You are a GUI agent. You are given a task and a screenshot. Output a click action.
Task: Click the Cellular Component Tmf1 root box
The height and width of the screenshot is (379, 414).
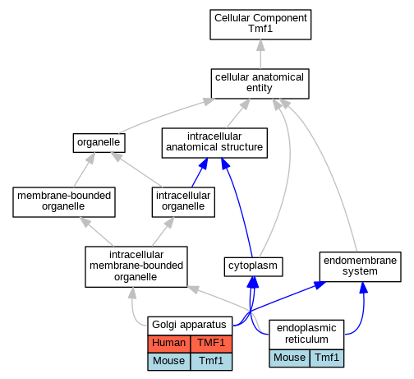[x=260, y=25]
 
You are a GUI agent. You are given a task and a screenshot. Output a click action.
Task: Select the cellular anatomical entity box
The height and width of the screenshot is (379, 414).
[x=260, y=84]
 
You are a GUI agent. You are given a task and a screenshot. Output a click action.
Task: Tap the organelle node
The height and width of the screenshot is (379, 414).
[x=99, y=143]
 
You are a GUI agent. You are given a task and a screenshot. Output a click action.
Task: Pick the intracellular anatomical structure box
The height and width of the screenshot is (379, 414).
[x=214, y=143]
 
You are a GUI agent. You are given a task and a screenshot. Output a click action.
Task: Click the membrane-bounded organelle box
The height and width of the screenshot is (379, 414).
[x=64, y=202]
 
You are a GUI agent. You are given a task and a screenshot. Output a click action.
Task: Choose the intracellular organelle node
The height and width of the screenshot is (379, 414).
[x=183, y=202]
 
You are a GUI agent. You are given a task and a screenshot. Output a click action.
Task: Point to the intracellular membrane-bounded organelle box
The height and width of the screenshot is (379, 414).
[x=136, y=266]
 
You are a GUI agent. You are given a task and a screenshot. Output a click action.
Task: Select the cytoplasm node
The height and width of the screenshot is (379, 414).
[x=253, y=266]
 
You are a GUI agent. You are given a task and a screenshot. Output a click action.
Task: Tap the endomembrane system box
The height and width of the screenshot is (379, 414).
[x=360, y=266]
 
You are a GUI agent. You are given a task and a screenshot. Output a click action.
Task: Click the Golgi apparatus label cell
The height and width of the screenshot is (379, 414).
[x=190, y=326]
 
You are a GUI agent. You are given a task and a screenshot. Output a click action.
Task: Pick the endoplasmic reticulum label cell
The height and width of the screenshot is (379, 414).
[x=306, y=335]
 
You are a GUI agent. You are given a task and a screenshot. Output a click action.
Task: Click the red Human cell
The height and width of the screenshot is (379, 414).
[x=169, y=344]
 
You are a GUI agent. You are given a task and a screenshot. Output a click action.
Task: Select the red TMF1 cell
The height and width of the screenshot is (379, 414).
[x=211, y=344]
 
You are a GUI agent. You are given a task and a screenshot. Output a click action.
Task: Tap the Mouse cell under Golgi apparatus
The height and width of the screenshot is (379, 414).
[x=169, y=362]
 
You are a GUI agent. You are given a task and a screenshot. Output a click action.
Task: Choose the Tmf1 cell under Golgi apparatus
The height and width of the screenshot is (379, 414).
[x=211, y=362]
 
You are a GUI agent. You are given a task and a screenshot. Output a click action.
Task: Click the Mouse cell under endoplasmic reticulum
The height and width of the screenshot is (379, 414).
[x=289, y=358]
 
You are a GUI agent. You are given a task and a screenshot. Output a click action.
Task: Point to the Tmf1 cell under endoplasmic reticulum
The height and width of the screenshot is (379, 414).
[x=327, y=358]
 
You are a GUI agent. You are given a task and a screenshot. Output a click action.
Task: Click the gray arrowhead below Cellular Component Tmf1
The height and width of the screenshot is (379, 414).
[x=260, y=45]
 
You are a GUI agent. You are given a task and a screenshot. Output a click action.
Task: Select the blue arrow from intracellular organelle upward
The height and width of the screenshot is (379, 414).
[x=200, y=173]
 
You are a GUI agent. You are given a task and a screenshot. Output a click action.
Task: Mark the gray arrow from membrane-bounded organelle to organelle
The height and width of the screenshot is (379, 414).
[x=85, y=170]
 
